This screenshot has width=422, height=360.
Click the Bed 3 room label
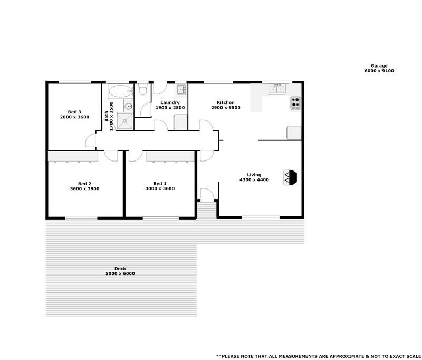[74, 112]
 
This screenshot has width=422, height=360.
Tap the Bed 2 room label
[85, 183]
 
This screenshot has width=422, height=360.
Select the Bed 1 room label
[160, 183]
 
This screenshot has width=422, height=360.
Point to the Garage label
[379, 66]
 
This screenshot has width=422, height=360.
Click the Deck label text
[120, 269]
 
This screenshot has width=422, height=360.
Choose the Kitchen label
[226, 102]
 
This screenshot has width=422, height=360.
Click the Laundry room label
[170, 102]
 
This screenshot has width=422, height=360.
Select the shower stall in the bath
[126, 121]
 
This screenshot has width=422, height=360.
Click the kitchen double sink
[276, 89]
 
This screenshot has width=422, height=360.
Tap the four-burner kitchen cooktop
[295, 103]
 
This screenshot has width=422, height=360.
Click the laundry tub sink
[180, 89]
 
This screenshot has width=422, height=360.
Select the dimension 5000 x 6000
[120, 274]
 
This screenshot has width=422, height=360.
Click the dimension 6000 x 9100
[379, 71]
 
